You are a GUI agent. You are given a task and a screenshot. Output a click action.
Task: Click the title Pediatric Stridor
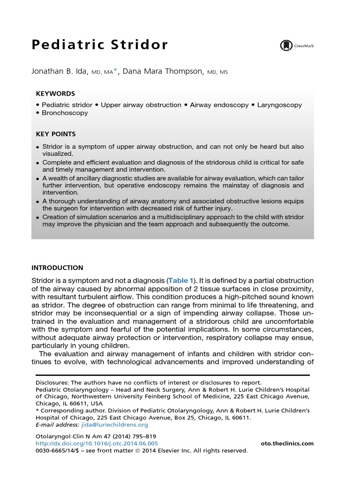99,45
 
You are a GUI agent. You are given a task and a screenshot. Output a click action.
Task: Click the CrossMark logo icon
285,45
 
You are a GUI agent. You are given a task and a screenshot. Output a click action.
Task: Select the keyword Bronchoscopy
65,113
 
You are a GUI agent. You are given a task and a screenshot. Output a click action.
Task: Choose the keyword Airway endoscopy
219,105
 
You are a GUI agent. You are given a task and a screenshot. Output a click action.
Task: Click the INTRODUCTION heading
57,268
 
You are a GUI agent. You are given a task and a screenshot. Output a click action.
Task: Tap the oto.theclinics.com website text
286,443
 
